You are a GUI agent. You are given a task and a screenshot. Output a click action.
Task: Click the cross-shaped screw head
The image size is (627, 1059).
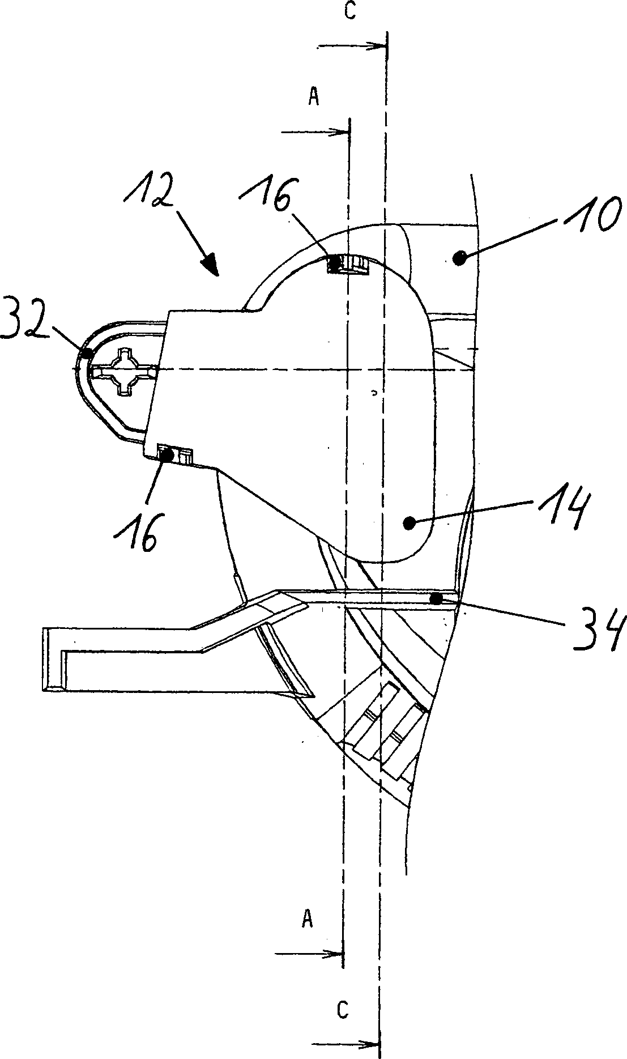(123, 372)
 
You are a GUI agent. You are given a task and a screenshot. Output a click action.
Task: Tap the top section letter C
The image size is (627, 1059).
(350, 12)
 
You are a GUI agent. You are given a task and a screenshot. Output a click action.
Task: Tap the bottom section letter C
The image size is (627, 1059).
(342, 1009)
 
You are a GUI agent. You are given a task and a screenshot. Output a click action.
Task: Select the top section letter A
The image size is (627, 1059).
(313, 97)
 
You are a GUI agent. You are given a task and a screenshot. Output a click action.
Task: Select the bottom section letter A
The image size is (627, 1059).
(307, 918)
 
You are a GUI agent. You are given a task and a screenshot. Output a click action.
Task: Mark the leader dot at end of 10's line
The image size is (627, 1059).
(460, 259)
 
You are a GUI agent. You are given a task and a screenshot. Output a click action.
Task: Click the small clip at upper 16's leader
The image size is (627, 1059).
(347, 264)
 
